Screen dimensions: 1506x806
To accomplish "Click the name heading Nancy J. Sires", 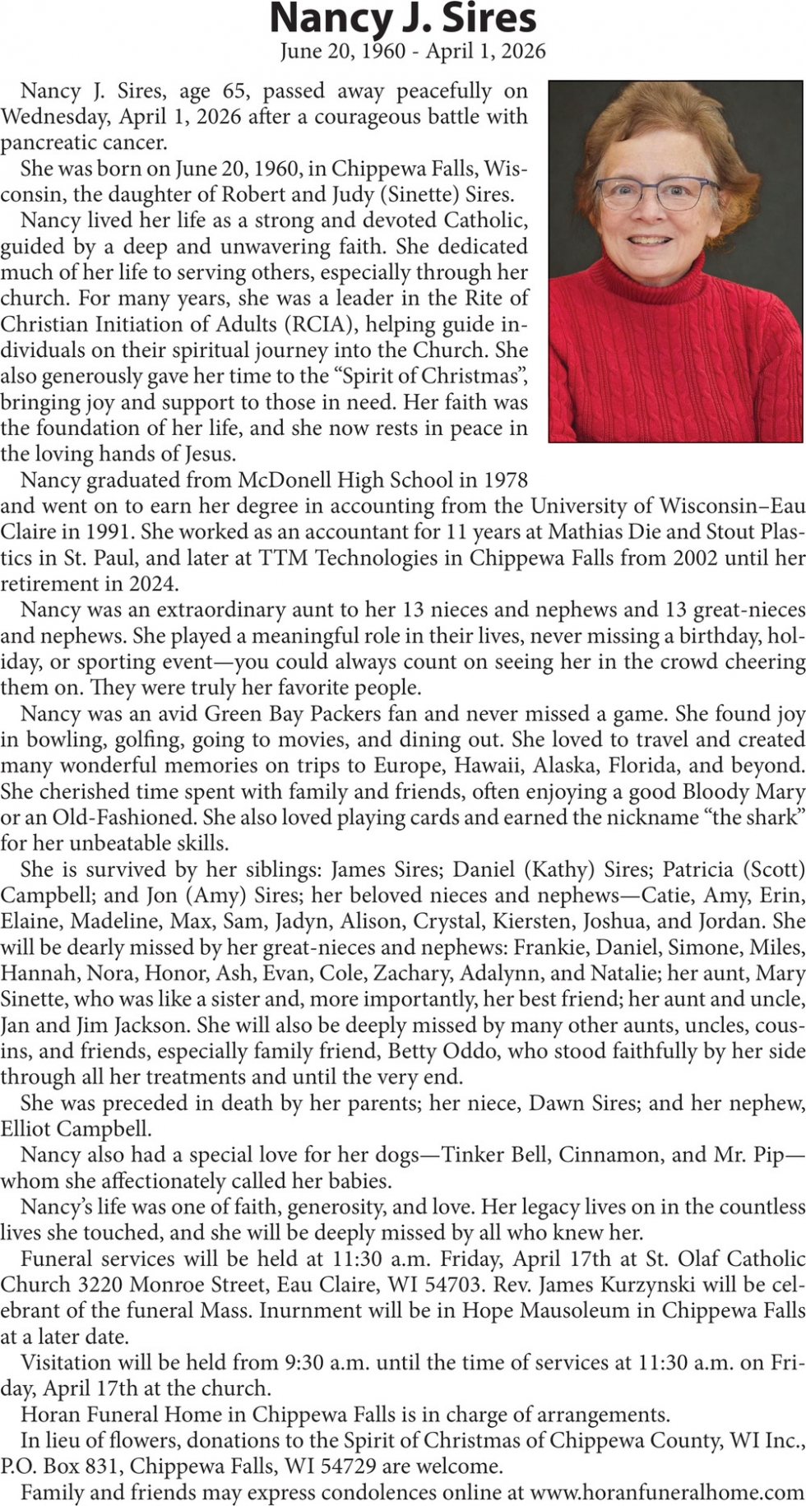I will pyautogui.click(x=403, y=18).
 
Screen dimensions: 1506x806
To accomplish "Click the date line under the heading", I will pyautogui.click(x=412, y=52).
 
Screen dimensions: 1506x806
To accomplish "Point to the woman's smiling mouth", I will pyautogui.click(x=651, y=240).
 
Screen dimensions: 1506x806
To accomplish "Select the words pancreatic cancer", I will pyautogui.click(x=83, y=142).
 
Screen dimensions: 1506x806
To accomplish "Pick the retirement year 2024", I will pyautogui.click(x=151, y=584).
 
